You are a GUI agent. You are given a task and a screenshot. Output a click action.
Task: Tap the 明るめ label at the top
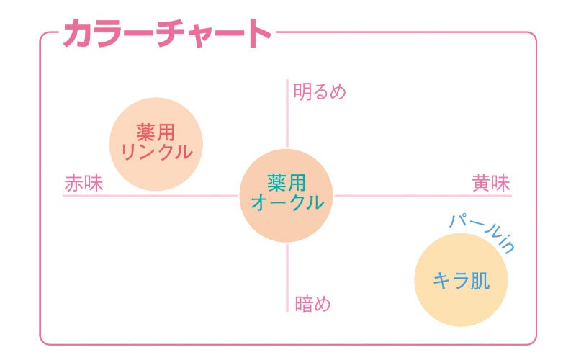pyautogui.click(x=320, y=92)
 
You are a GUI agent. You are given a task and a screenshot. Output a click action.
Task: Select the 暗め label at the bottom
pyautogui.click(x=312, y=303)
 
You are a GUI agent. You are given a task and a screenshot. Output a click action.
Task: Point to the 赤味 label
pyautogui.click(x=84, y=183)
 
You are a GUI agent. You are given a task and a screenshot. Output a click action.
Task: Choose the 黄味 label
pyautogui.click(x=491, y=183)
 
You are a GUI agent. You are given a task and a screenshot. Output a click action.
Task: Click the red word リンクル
pyautogui.click(x=156, y=153)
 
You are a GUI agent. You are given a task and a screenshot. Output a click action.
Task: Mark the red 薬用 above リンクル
pyautogui.click(x=156, y=132)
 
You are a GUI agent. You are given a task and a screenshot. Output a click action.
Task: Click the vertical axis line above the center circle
pyautogui.click(x=287, y=115)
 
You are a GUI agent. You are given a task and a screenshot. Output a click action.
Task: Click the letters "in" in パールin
pyautogui.click(x=506, y=245)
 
